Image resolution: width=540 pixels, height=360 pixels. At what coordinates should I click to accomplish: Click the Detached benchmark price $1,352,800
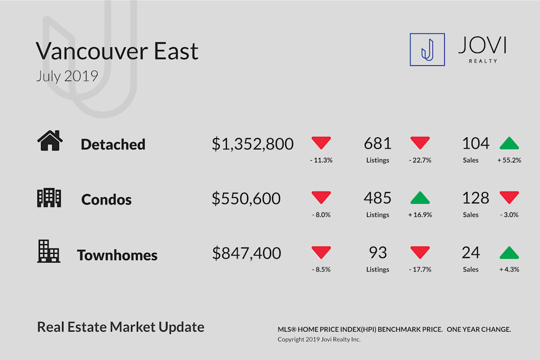[252, 144]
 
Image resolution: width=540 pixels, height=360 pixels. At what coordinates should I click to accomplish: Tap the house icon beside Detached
[50, 140]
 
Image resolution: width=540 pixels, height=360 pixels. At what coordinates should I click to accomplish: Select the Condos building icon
[49, 198]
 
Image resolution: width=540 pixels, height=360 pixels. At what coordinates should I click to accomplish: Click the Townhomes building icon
[49, 251]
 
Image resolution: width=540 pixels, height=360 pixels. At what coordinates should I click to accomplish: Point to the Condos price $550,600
[246, 199]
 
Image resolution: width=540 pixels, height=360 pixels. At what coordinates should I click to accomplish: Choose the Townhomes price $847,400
[247, 253]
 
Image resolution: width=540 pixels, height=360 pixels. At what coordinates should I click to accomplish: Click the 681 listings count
[378, 143]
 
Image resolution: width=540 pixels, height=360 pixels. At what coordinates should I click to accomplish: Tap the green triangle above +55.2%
[509, 143]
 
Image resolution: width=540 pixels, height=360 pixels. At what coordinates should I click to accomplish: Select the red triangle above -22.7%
[420, 143]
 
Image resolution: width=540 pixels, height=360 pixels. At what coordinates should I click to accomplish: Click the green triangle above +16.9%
[420, 198]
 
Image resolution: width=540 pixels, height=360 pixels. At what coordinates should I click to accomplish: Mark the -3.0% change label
[509, 215]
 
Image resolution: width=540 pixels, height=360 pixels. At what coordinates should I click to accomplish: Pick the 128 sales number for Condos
[476, 198]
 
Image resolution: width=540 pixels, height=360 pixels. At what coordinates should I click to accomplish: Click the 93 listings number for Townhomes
[378, 253]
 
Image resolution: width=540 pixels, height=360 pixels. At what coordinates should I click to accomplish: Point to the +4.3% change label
[509, 270]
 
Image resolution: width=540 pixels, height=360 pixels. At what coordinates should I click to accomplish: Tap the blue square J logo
[427, 49]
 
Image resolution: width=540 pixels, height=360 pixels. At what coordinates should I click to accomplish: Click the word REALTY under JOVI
[483, 61]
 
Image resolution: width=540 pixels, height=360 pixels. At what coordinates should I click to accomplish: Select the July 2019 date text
[67, 76]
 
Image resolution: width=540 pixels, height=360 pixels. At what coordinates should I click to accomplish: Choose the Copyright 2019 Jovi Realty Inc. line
[319, 339]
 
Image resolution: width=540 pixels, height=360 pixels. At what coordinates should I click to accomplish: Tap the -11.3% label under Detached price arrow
[321, 160]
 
